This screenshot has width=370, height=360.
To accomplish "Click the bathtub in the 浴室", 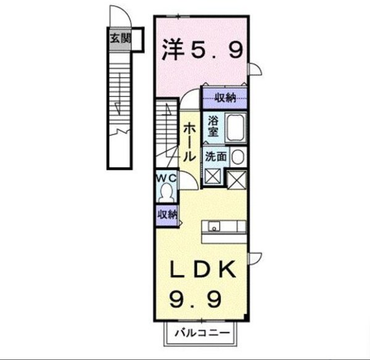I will click(x=234, y=127).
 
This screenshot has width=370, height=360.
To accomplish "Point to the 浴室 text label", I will click(x=213, y=126).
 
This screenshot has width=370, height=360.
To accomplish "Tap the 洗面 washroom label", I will click(x=217, y=157).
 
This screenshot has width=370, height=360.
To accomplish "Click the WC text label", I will click(x=166, y=178).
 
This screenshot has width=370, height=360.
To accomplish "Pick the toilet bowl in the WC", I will click(x=166, y=193).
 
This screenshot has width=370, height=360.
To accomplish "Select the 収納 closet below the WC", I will click(x=166, y=215).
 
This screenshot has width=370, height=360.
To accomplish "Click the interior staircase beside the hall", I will click(x=166, y=130).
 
